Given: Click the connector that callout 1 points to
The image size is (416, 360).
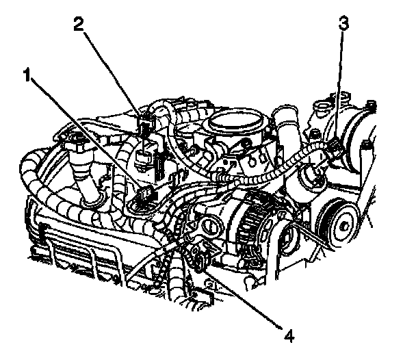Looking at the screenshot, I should (x=144, y=199).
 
